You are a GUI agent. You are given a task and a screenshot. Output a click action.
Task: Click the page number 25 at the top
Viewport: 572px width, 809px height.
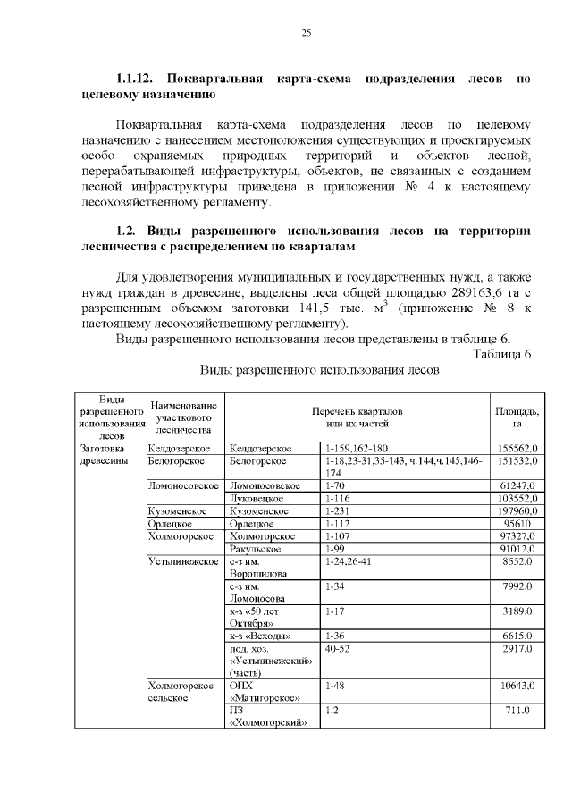point(305,33)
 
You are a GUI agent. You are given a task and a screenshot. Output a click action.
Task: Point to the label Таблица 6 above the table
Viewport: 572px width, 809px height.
point(501,353)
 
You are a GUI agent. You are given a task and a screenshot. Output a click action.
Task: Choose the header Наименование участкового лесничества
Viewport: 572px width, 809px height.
point(184,417)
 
